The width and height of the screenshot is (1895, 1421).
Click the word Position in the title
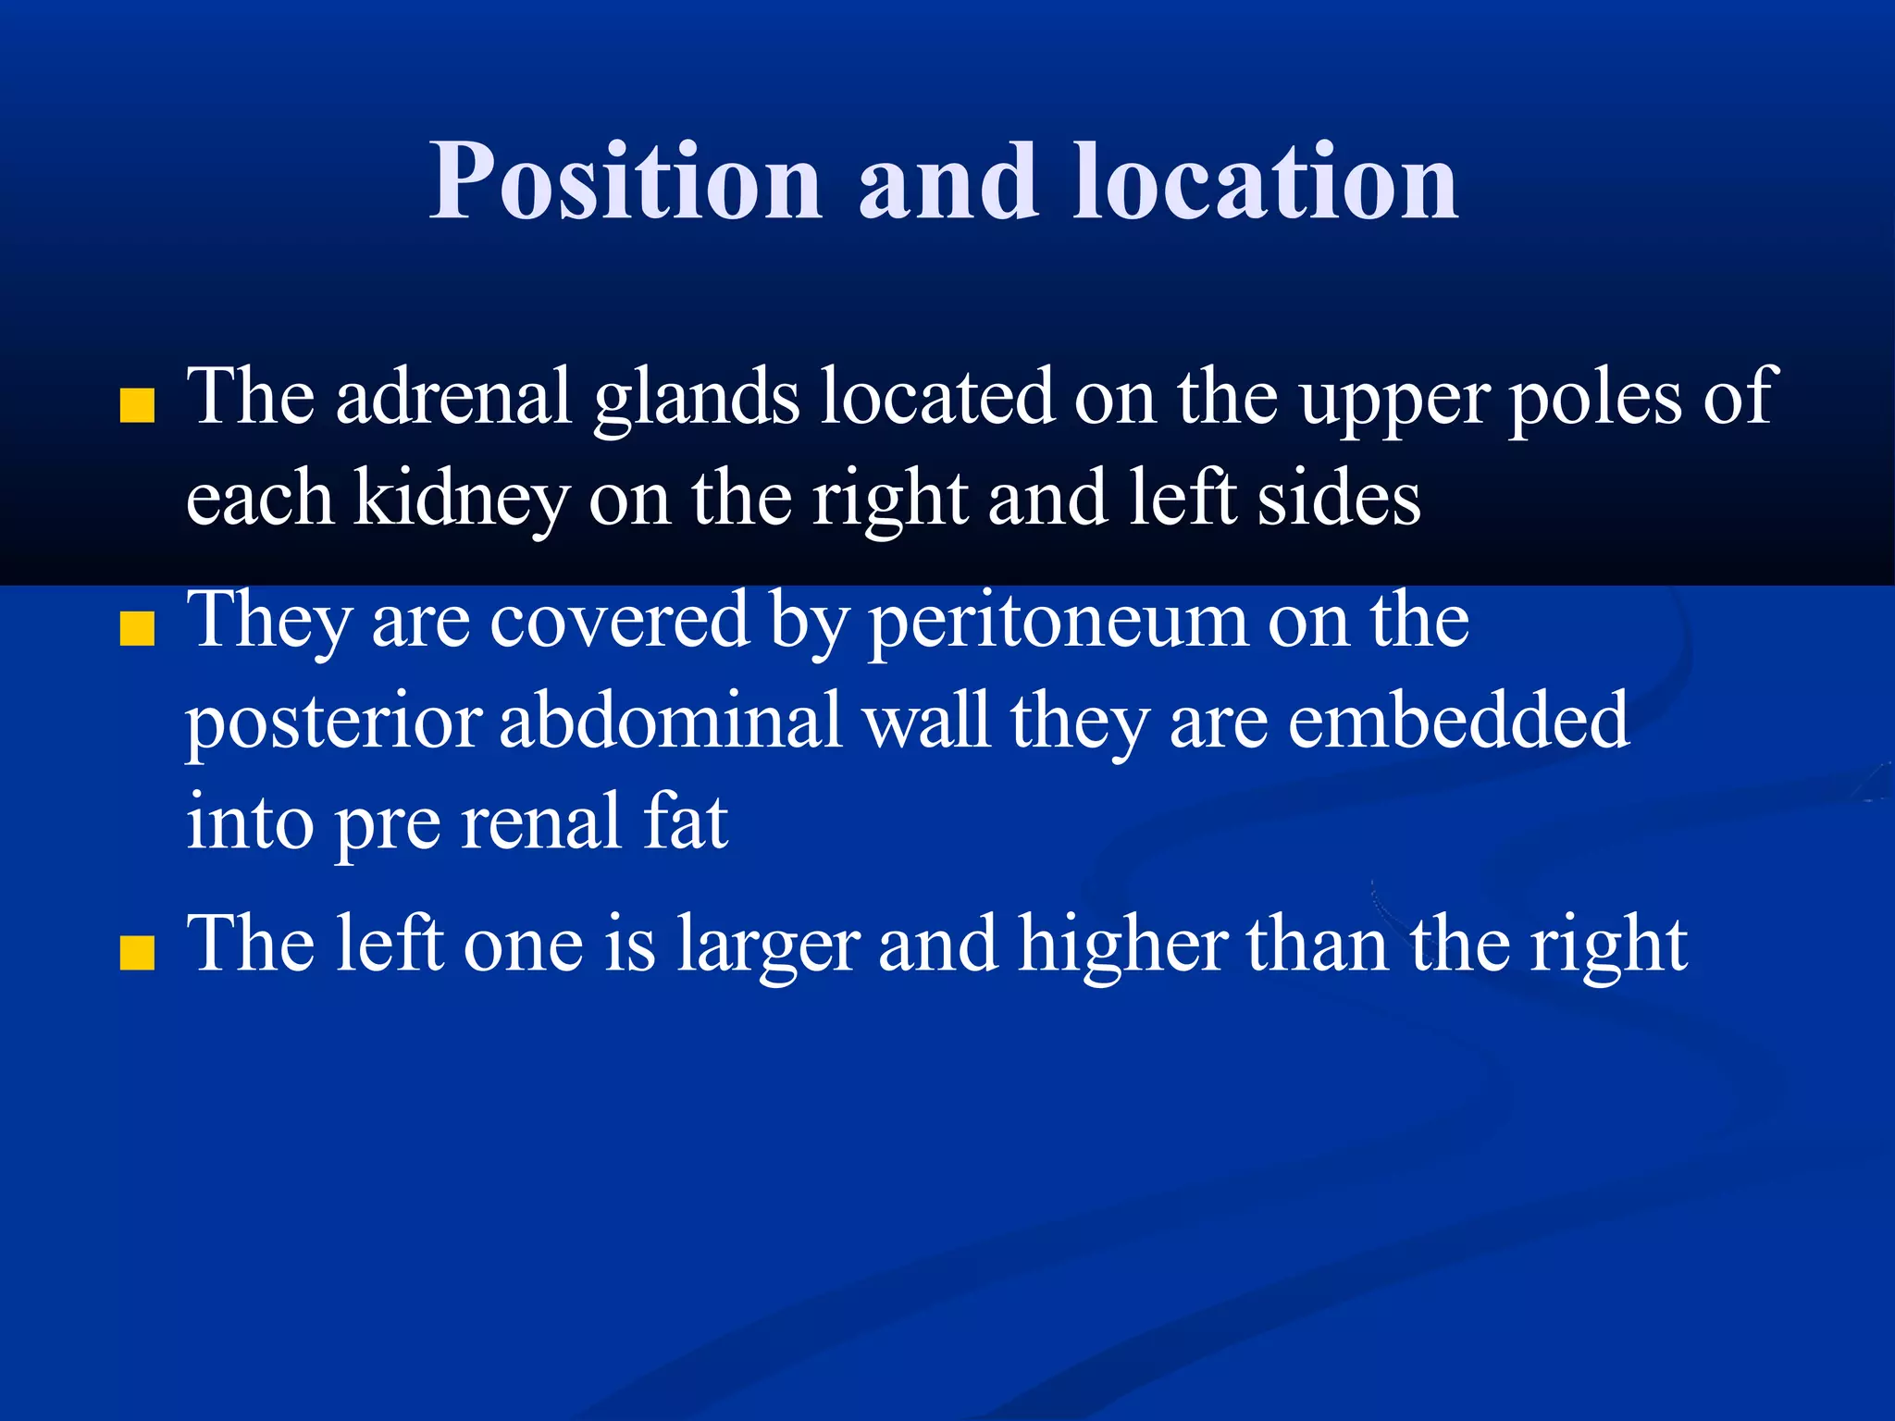(x=625, y=181)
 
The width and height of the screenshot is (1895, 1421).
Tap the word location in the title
(x=1265, y=181)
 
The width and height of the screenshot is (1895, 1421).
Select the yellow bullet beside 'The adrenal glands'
(x=137, y=406)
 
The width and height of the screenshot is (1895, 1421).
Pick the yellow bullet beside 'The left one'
(x=137, y=953)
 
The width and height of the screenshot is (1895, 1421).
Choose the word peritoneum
(x=1058, y=622)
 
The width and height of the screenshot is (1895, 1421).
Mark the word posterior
(x=333, y=723)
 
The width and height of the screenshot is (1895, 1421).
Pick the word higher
(x=1123, y=945)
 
